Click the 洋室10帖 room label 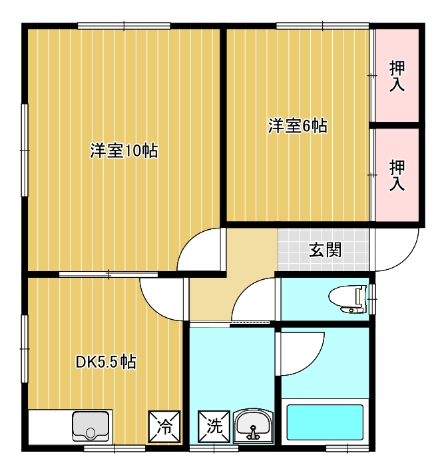click(x=124, y=151)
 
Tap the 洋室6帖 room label click(x=298, y=126)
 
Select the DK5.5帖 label click(x=106, y=362)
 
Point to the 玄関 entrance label click(x=325, y=250)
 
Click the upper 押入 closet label click(x=397, y=76)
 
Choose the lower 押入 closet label click(x=397, y=176)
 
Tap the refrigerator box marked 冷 click(x=164, y=426)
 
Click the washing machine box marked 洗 click(x=214, y=426)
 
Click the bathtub click(x=325, y=422)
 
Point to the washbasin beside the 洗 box click(x=253, y=426)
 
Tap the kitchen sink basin click(x=91, y=426)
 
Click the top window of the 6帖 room click(x=323, y=25)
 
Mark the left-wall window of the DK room click(x=25, y=349)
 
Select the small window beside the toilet click(x=372, y=299)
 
